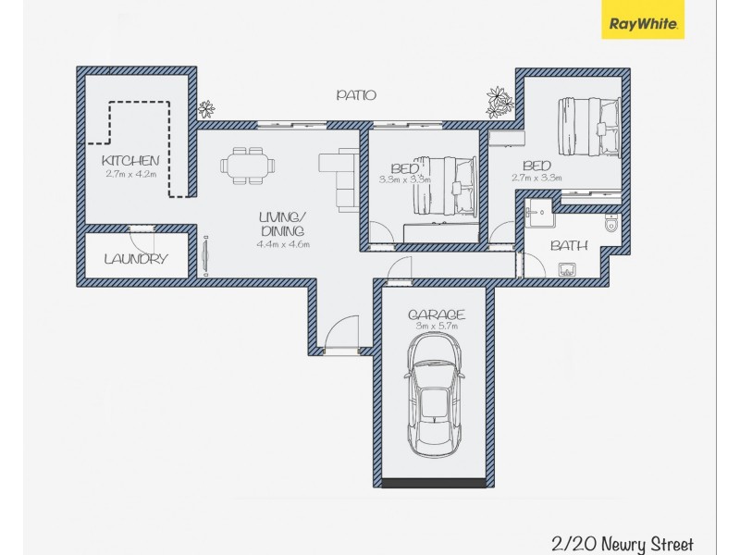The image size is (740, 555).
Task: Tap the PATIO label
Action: [356, 94]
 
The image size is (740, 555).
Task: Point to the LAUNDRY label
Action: [136, 259]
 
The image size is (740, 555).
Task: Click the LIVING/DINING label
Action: [283, 224]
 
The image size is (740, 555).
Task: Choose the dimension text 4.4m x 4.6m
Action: [283, 244]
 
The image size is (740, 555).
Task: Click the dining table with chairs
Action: [248, 166]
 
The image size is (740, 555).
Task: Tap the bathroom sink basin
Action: [567, 270]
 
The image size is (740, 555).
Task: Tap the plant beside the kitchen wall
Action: [206, 109]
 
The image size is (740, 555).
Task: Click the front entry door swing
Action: [342, 331]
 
